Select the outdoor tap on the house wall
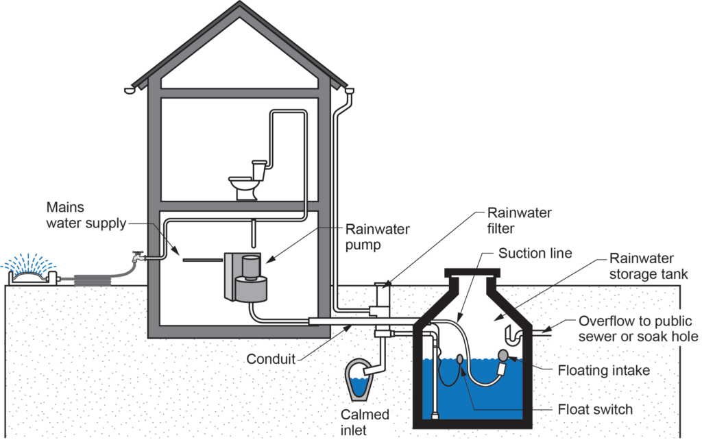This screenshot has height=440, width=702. pyautogui.click(x=137, y=258)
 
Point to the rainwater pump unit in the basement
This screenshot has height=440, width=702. pyautogui.click(x=246, y=278)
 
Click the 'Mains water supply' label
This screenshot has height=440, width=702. pyautogui.click(x=86, y=215)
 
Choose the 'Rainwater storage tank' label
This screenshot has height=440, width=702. pyautogui.click(x=641, y=267)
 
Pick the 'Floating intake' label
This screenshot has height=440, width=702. pyautogui.click(x=620, y=371)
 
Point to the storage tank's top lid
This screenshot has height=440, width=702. pyautogui.click(x=480, y=271)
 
